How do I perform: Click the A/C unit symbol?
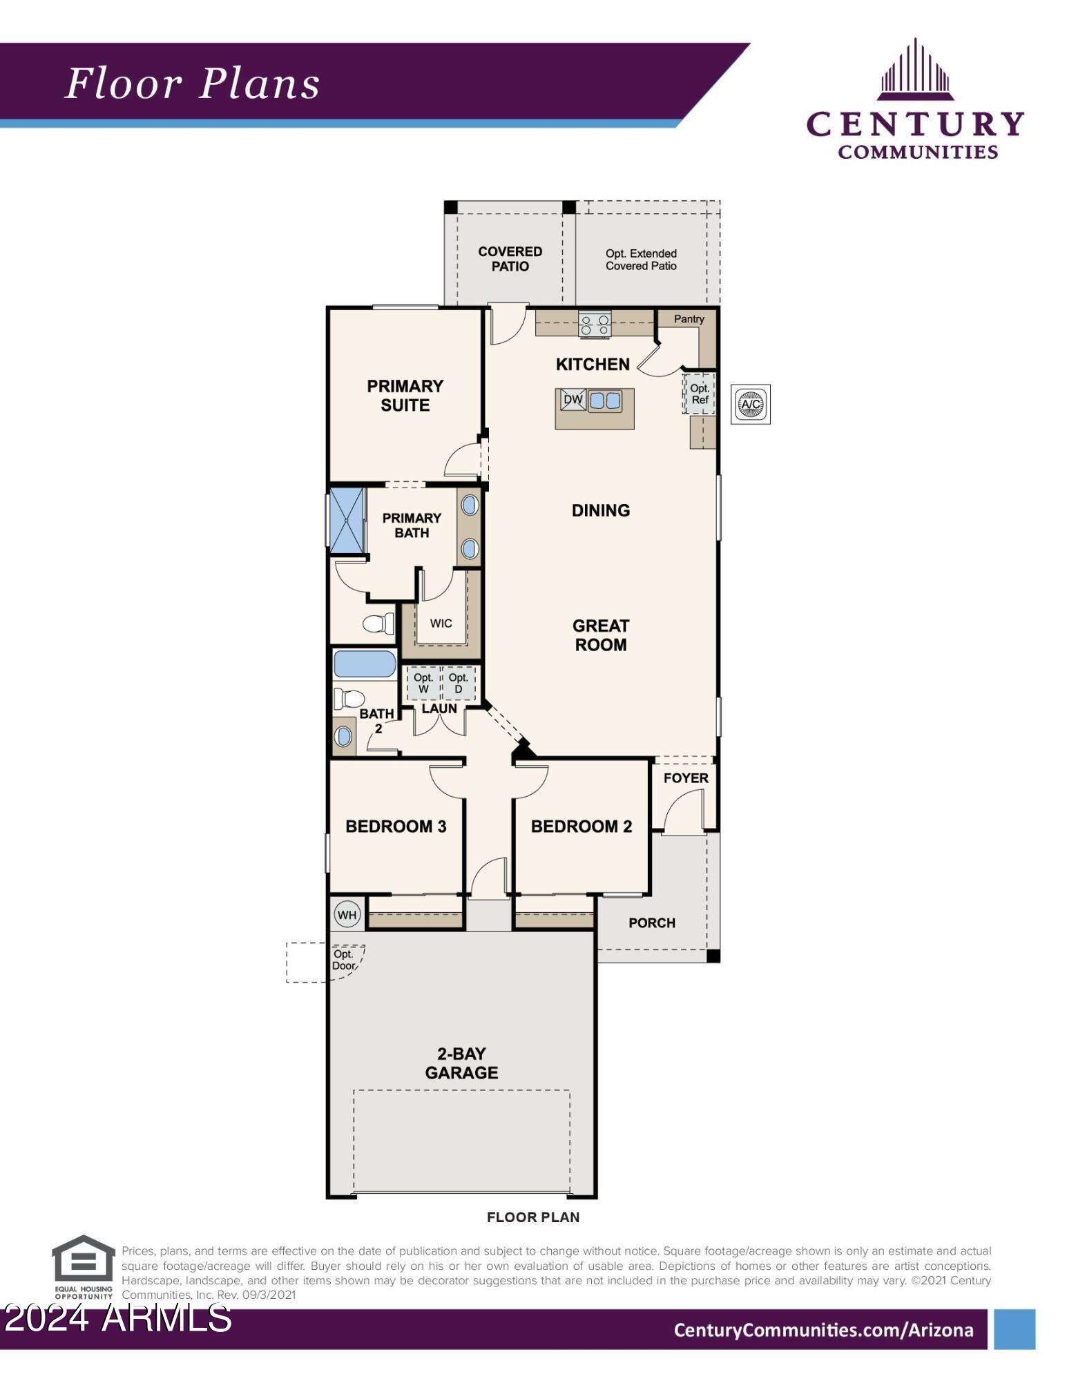pyautogui.click(x=750, y=404)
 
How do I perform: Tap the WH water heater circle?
pyautogui.click(x=347, y=915)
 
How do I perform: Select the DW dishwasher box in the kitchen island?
pyautogui.click(x=573, y=399)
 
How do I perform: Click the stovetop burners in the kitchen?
pyautogui.click(x=594, y=325)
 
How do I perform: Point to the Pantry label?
pyautogui.click(x=689, y=319)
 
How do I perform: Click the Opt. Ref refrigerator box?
pyautogui.click(x=700, y=394)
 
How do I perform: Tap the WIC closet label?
pyautogui.click(x=441, y=624)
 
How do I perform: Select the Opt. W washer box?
pyautogui.click(x=423, y=683)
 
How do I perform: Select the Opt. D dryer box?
pyautogui.click(x=458, y=683)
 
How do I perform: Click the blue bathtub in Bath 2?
pyautogui.click(x=365, y=664)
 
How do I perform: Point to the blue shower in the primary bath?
pyautogui.click(x=347, y=520)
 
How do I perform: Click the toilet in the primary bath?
pyautogui.click(x=377, y=624)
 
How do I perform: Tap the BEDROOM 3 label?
pyautogui.click(x=396, y=827)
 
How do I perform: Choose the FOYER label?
pyautogui.click(x=685, y=778)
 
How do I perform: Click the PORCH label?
pyautogui.click(x=651, y=923)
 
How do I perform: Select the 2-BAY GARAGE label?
pyautogui.click(x=461, y=1063)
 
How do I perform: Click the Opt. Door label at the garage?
pyautogui.click(x=343, y=960)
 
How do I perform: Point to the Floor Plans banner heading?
pyautogui.click(x=193, y=84)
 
